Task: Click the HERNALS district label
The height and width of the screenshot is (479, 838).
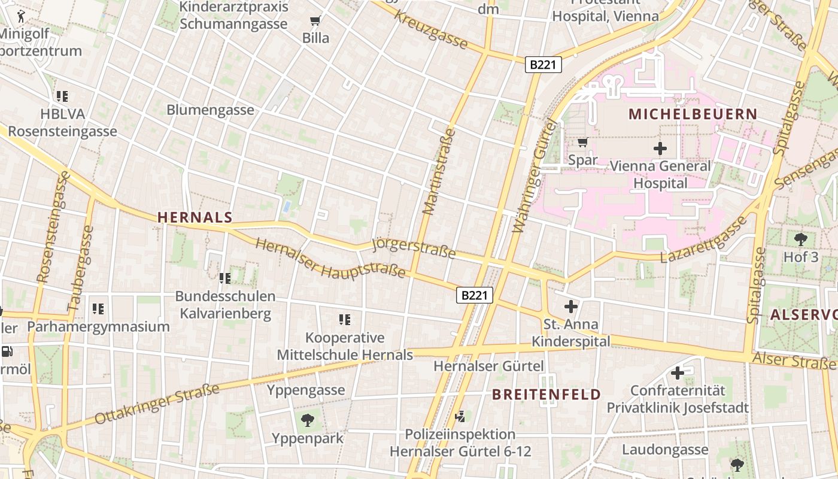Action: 195,217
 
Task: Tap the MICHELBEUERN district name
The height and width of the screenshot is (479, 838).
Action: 693,114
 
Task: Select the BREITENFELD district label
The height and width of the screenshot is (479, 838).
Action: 546,394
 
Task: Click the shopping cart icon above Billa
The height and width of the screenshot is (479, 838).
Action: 315,22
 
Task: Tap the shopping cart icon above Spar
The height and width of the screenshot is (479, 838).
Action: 582,143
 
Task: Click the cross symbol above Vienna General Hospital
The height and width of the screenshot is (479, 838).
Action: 660,148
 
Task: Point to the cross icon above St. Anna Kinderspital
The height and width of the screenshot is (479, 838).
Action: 571,307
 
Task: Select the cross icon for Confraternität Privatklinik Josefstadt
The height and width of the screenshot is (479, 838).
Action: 677,373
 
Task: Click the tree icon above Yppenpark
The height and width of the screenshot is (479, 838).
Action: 308,420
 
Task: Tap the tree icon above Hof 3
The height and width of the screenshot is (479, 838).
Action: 801,239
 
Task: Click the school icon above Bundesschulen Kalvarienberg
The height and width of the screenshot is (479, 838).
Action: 225,278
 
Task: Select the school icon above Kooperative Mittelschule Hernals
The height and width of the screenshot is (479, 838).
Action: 345,320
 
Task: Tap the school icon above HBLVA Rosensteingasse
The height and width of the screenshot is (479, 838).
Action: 62,96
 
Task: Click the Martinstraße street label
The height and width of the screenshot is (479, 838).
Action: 439,171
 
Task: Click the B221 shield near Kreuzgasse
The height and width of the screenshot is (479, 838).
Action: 544,65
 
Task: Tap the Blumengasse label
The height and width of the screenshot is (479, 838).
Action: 210,110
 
